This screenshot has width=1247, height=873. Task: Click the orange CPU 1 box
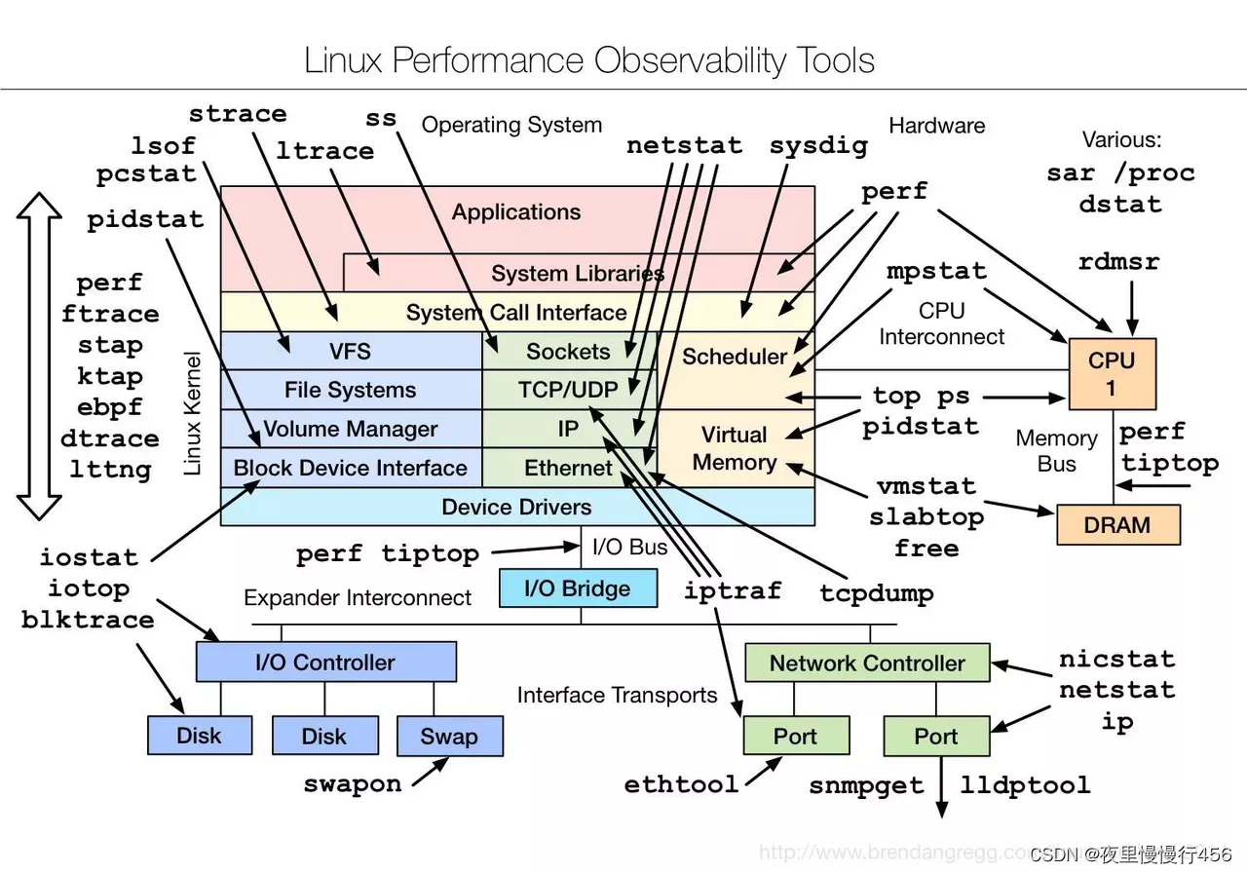(x=1112, y=373)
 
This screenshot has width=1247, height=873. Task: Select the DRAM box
(x=1117, y=524)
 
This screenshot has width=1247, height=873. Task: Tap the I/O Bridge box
(x=578, y=588)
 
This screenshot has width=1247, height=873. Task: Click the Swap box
(x=449, y=736)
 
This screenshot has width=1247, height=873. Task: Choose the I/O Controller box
(x=325, y=663)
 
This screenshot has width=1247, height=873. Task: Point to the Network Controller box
(x=866, y=663)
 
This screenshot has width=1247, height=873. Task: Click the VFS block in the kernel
(x=350, y=351)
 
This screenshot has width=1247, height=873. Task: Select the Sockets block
(x=568, y=351)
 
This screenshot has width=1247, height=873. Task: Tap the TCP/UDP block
(x=568, y=390)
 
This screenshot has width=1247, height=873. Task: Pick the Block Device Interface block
(x=350, y=468)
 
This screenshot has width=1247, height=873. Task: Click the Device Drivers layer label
(x=516, y=507)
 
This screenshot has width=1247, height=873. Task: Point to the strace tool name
(x=238, y=114)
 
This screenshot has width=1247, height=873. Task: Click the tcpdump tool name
(x=877, y=592)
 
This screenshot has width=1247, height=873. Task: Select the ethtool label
(x=681, y=784)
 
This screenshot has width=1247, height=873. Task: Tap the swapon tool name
(x=352, y=784)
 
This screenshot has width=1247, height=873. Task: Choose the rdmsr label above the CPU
(x=1118, y=262)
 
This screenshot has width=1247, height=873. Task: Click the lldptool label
(x=1025, y=784)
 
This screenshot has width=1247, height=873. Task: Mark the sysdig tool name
(x=818, y=146)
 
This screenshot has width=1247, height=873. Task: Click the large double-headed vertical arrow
(x=40, y=356)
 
